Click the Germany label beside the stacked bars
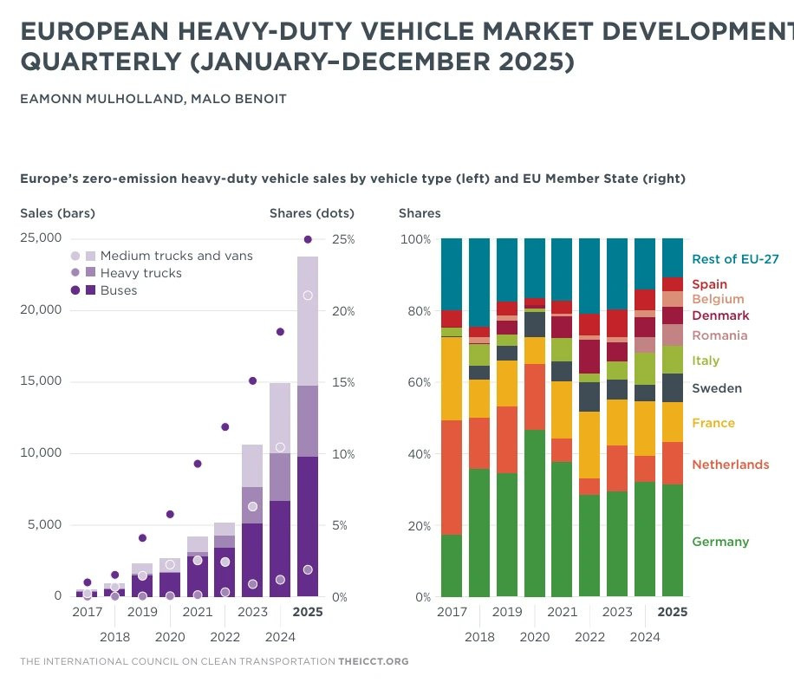click(719, 542)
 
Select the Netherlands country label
click(730, 465)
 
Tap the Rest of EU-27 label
click(735, 258)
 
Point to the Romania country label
click(719, 335)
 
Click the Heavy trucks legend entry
click(140, 273)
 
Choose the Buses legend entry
click(119, 290)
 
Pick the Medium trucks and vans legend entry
click(176, 256)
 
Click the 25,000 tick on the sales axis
click(41, 238)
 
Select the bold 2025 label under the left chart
click(308, 612)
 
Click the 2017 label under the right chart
click(452, 612)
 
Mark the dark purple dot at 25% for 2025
click(308, 239)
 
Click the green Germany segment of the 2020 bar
click(535, 513)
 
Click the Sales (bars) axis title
click(57, 213)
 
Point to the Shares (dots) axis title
click(311, 213)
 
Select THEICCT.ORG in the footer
click(374, 661)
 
